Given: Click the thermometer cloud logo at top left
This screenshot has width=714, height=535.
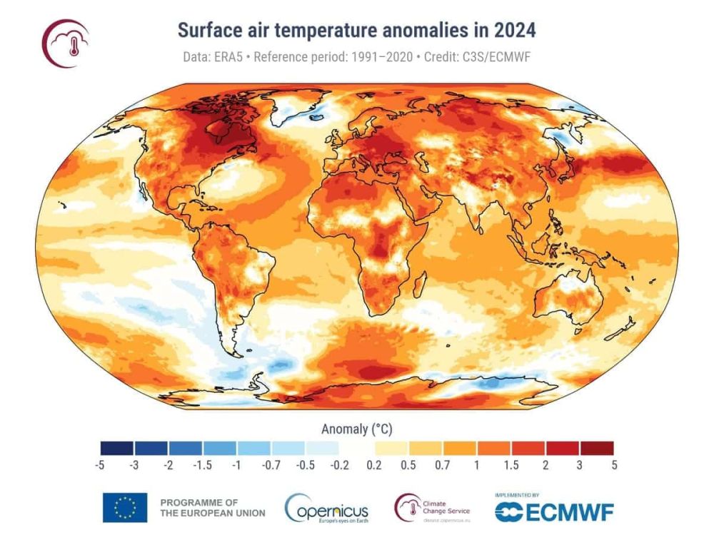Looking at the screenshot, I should (x=66, y=42).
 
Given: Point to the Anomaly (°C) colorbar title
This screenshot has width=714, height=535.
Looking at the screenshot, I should (x=356, y=429).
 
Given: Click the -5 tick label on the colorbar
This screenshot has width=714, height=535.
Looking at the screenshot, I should (x=99, y=465).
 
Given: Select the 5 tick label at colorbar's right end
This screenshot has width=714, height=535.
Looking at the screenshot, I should (x=614, y=465).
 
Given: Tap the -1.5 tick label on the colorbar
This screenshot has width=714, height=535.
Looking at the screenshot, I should (x=203, y=465).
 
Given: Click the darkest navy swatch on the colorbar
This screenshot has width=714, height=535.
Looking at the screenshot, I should (x=116, y=448).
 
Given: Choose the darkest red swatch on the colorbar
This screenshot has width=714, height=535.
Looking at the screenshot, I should (x=597, y=448).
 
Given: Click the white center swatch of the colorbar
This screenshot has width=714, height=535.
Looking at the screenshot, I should (x=356, y=448).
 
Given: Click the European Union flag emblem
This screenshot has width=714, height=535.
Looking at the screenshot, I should (x=125, y=507).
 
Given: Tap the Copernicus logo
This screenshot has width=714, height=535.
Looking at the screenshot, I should (x=327, y=509).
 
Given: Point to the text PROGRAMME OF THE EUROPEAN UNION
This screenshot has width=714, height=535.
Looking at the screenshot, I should (x=212, y=507).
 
